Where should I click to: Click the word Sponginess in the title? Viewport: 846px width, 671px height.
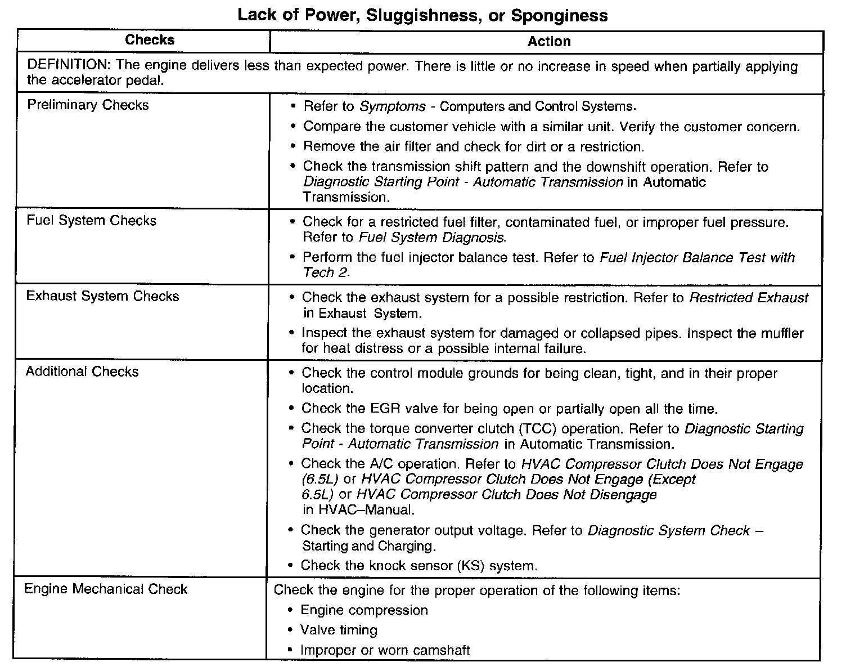(x=559, y=15)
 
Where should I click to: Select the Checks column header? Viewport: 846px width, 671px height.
(x=150, y=40)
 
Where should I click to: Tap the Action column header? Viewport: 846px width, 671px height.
(x=549, y=41)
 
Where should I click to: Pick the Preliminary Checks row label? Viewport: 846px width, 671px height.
(x=88, y=105)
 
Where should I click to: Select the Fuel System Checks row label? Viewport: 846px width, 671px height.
(x=91, y=221)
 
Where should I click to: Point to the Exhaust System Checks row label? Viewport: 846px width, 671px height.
(x=102, y=297)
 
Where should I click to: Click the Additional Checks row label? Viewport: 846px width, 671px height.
(x=82, y=372)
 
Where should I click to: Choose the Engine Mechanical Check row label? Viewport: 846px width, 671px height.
(x=106, y=589)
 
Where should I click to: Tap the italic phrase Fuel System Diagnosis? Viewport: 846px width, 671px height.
(x=432, y=238)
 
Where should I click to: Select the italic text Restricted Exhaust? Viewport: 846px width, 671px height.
(x=749, y=298)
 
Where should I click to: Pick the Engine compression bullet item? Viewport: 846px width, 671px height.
(x=364, y=610)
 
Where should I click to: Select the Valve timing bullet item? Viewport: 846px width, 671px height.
(x=339, y=630)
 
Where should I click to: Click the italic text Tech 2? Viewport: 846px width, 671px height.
(x=326, y=272)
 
